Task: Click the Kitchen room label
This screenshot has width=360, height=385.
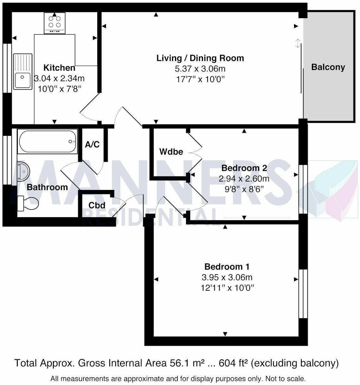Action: coord(59,68)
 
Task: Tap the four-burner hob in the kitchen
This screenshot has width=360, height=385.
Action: coord(55,23)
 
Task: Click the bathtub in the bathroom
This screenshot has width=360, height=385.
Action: coord(48,141)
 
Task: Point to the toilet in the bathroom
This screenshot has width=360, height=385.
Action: coord(28,203)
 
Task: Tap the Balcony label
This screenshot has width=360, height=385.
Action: coord(328,67)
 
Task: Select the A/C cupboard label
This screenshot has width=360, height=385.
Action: coord(93,144)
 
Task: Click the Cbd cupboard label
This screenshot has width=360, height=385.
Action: coord(97,205)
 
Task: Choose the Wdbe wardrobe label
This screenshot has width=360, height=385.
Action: coord(171,152)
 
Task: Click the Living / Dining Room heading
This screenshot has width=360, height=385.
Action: coord(200,58)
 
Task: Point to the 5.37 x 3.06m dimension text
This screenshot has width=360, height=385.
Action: coord(200,69)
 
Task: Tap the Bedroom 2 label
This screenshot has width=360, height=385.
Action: coord(244,168)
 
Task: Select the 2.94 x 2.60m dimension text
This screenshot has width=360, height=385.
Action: coord(244,179)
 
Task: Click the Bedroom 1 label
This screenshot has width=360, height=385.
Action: coord(227,267)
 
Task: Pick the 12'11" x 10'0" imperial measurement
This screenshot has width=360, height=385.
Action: coord(227,288)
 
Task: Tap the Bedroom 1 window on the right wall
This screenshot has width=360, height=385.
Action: coord(303,294)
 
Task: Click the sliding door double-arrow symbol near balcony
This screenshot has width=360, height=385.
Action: coord(298,43)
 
